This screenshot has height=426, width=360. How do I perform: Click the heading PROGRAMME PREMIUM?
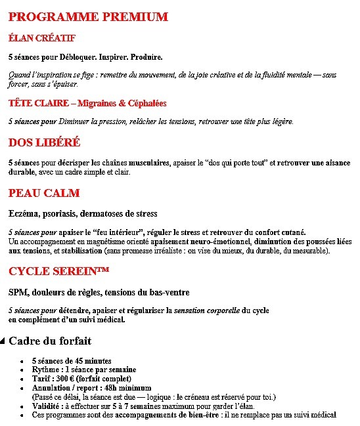pyautogui.click(x=88, y=17)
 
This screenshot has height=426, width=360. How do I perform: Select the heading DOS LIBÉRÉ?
pyautogui.click(x=44, y=142)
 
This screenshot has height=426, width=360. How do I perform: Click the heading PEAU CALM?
pyautogui.click(x=44, y=193)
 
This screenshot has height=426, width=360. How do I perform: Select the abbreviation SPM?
pyautogui.click(x=17, y=293)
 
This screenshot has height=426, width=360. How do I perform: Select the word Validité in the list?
pyautogui.click(x=46, y=406)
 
